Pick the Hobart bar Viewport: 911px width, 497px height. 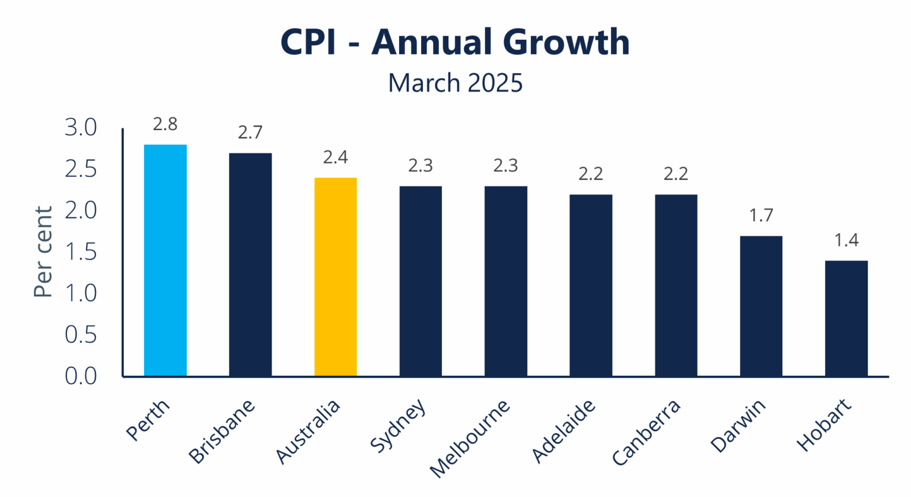[846, 318]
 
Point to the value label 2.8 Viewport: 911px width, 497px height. [165, 124]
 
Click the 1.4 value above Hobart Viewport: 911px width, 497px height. [846, 240]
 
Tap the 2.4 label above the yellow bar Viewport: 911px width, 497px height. [335, 157]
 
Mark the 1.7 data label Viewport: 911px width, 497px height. [761, 216]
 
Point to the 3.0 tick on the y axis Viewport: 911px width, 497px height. [81, 128]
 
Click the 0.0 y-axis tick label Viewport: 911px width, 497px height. [81, 376]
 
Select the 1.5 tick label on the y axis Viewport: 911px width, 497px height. [81, 252]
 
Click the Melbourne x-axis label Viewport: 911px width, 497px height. [470, 438]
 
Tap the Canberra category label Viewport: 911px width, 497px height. [646, 432]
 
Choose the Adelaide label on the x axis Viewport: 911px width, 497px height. [563, 431]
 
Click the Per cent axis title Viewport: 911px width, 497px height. [43, 252]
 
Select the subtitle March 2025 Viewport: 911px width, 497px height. [455, 83]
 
